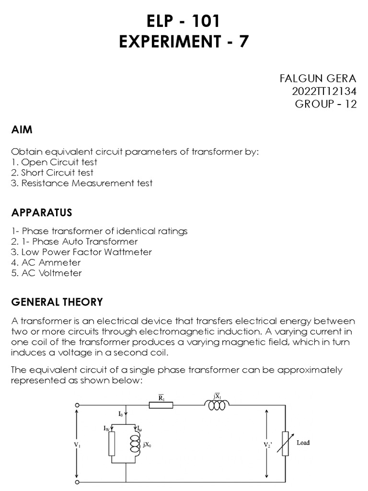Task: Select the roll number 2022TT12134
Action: [x=324, y=92]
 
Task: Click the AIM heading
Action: [x=22, y=130]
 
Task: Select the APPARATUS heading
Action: [x=42, y=212]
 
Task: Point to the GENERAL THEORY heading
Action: [x=57, y=302]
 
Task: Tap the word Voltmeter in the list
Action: [x=60, y=273]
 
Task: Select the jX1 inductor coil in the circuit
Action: [x=217, y=405]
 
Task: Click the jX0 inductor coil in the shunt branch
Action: [x=135, y=444]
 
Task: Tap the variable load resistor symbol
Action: [x=286, y=444]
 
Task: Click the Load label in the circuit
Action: [x=303, y=443]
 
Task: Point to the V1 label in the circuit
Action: [x=77, y=445]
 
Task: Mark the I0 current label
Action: [x=121, y=413]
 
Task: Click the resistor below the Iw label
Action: [x=112, y=444]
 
